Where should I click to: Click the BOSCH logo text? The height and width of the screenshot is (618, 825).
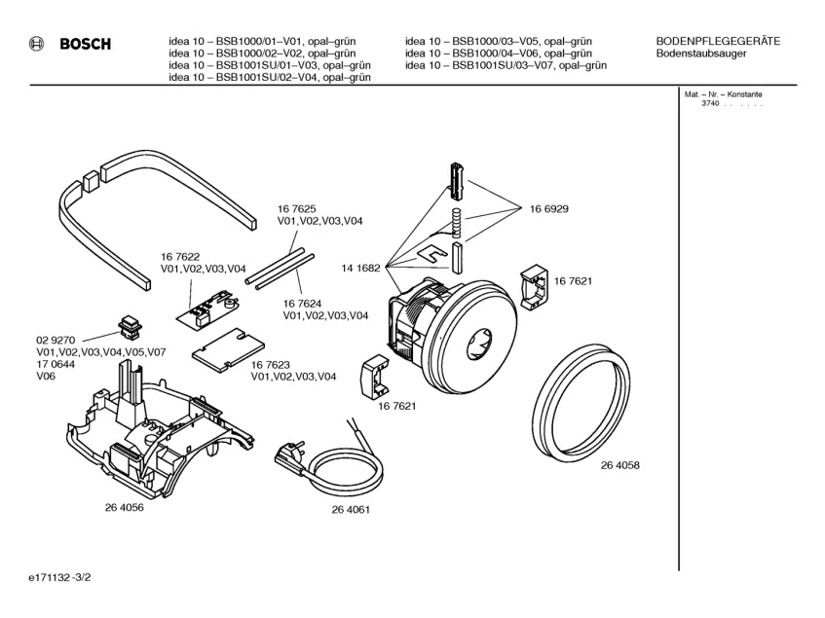pyautogui.click(x=85, y=44)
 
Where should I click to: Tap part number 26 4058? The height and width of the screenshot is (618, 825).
pyautogui.click(x=620, y=466)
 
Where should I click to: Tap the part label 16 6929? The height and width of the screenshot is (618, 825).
pyautogui.click(x=549, y=209)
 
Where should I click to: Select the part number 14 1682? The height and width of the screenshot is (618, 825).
pyautogui.click(x=360, y=266)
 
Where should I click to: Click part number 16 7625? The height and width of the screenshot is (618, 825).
pyautogui.click(x=297, y=209)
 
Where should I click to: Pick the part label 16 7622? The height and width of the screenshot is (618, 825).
pyautogui.click(x=181, y=257)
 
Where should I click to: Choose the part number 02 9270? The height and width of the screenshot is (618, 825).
pyautogui.click(x=56, y=340)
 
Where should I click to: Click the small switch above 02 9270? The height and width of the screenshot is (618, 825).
pyautogui.click(x=130, y=326)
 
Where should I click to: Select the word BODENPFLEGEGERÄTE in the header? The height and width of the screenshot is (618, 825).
pyautogui.click(x=718, y=40)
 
